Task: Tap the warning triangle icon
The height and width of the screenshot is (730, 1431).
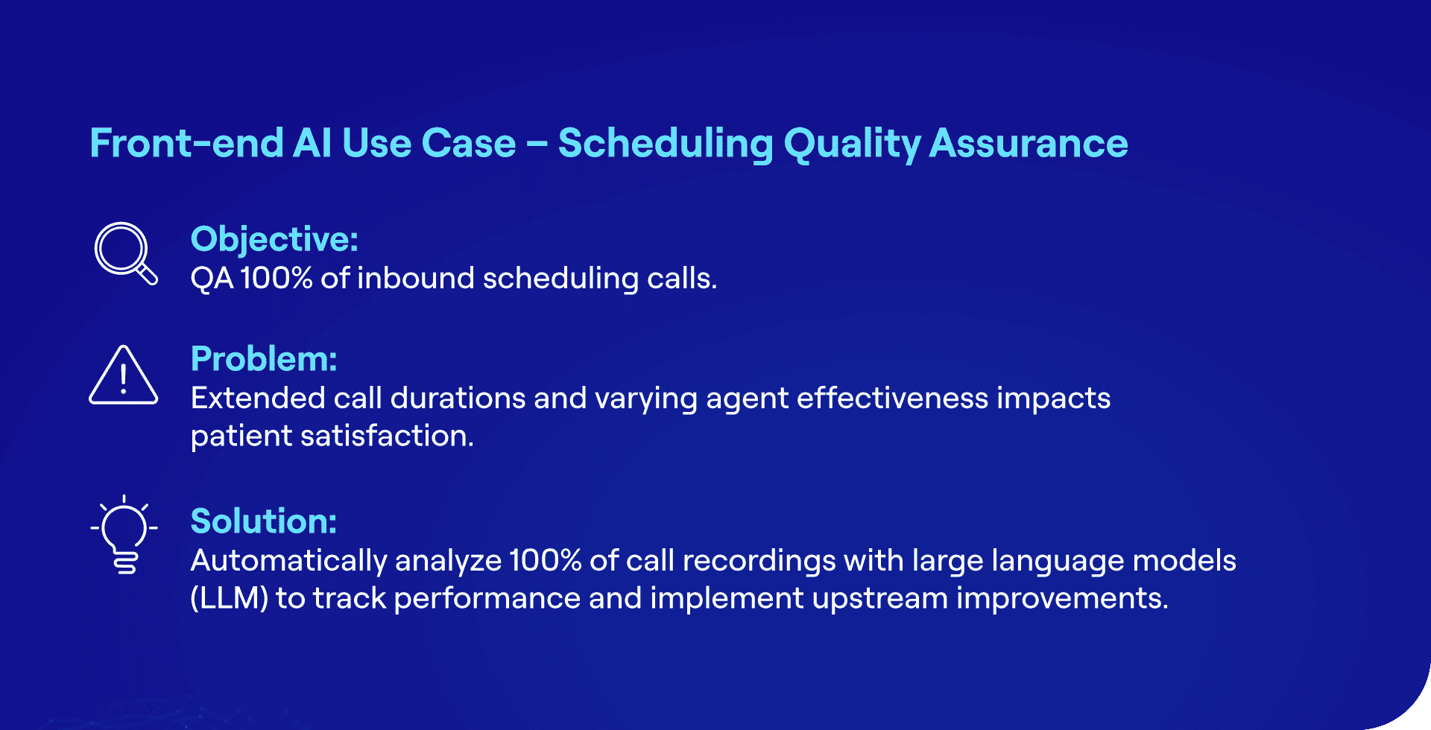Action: pos(124,376)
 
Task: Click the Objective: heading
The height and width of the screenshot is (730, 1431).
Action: pos(274,240)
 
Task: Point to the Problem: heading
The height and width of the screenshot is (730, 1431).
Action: pos(264,359)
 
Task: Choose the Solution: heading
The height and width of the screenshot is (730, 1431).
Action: pos(264,521)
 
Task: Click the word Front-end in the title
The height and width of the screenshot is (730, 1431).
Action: pos(186,143)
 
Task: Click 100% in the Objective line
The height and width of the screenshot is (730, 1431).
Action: pos(276,279)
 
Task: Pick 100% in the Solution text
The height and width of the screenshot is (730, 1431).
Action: pos(545,561)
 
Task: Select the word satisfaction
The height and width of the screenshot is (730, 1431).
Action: pos(387,436)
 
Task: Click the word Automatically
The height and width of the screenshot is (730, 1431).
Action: pos(288,561)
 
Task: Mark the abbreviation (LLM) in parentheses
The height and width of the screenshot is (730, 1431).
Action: pos(229,598)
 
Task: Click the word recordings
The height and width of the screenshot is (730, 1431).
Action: pos(759,561)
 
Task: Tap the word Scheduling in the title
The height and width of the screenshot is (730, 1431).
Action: pos(666,143)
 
